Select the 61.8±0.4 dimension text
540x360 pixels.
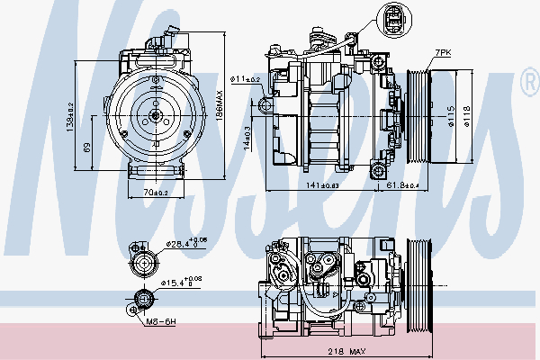tap(403, 185)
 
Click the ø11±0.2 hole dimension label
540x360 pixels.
tap(245, 80)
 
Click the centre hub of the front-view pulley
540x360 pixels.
tap(157, 114)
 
